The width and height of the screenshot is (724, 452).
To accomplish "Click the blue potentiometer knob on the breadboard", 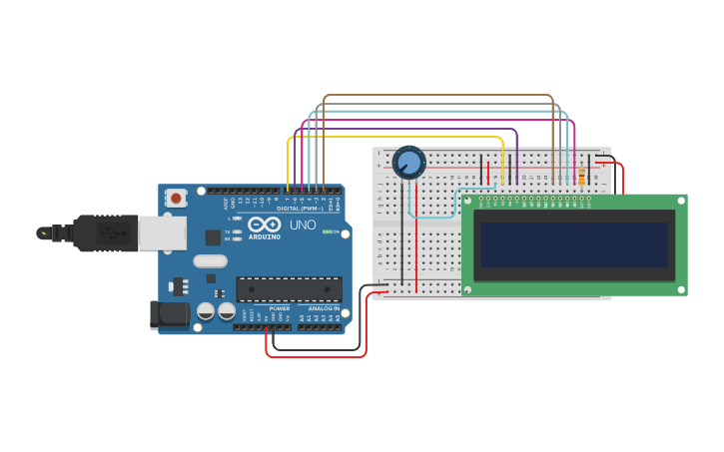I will (x=408, y=161).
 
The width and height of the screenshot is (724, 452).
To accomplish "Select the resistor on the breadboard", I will (x=581, y=177).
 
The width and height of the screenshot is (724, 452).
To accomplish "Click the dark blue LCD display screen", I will (x=574, y=244).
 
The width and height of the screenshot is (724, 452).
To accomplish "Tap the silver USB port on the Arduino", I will (x=162, y=233).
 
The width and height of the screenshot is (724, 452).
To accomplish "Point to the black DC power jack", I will (x=170, y=314).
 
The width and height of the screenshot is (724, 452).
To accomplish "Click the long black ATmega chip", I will (x=289, y=289).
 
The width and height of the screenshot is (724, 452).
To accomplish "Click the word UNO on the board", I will (x=303, y=226).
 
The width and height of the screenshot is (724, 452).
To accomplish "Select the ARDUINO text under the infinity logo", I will (x=265, y=236).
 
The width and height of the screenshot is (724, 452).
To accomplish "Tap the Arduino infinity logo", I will (x=265, y=225).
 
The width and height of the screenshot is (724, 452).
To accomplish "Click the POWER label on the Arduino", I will (x=280, y=308).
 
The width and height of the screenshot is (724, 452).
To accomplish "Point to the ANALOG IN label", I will (x=323, y=308).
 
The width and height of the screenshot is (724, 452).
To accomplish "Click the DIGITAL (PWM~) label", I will (x=300, y=209).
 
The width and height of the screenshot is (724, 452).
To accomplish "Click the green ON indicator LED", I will (x=326, y=231).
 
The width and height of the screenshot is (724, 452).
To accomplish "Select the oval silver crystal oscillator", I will (x=210, y=261).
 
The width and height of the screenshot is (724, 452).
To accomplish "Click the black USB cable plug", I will (x=105, y=233).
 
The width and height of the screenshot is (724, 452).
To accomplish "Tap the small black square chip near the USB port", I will (x=213, y=237).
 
